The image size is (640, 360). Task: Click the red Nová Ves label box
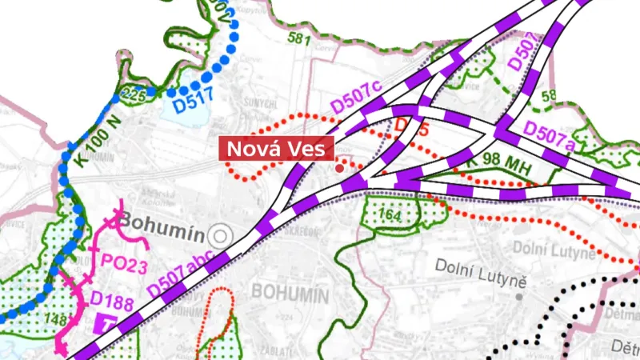[276, 150]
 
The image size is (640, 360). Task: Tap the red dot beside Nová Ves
[340, 168]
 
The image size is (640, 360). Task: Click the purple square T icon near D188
[106, 323]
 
